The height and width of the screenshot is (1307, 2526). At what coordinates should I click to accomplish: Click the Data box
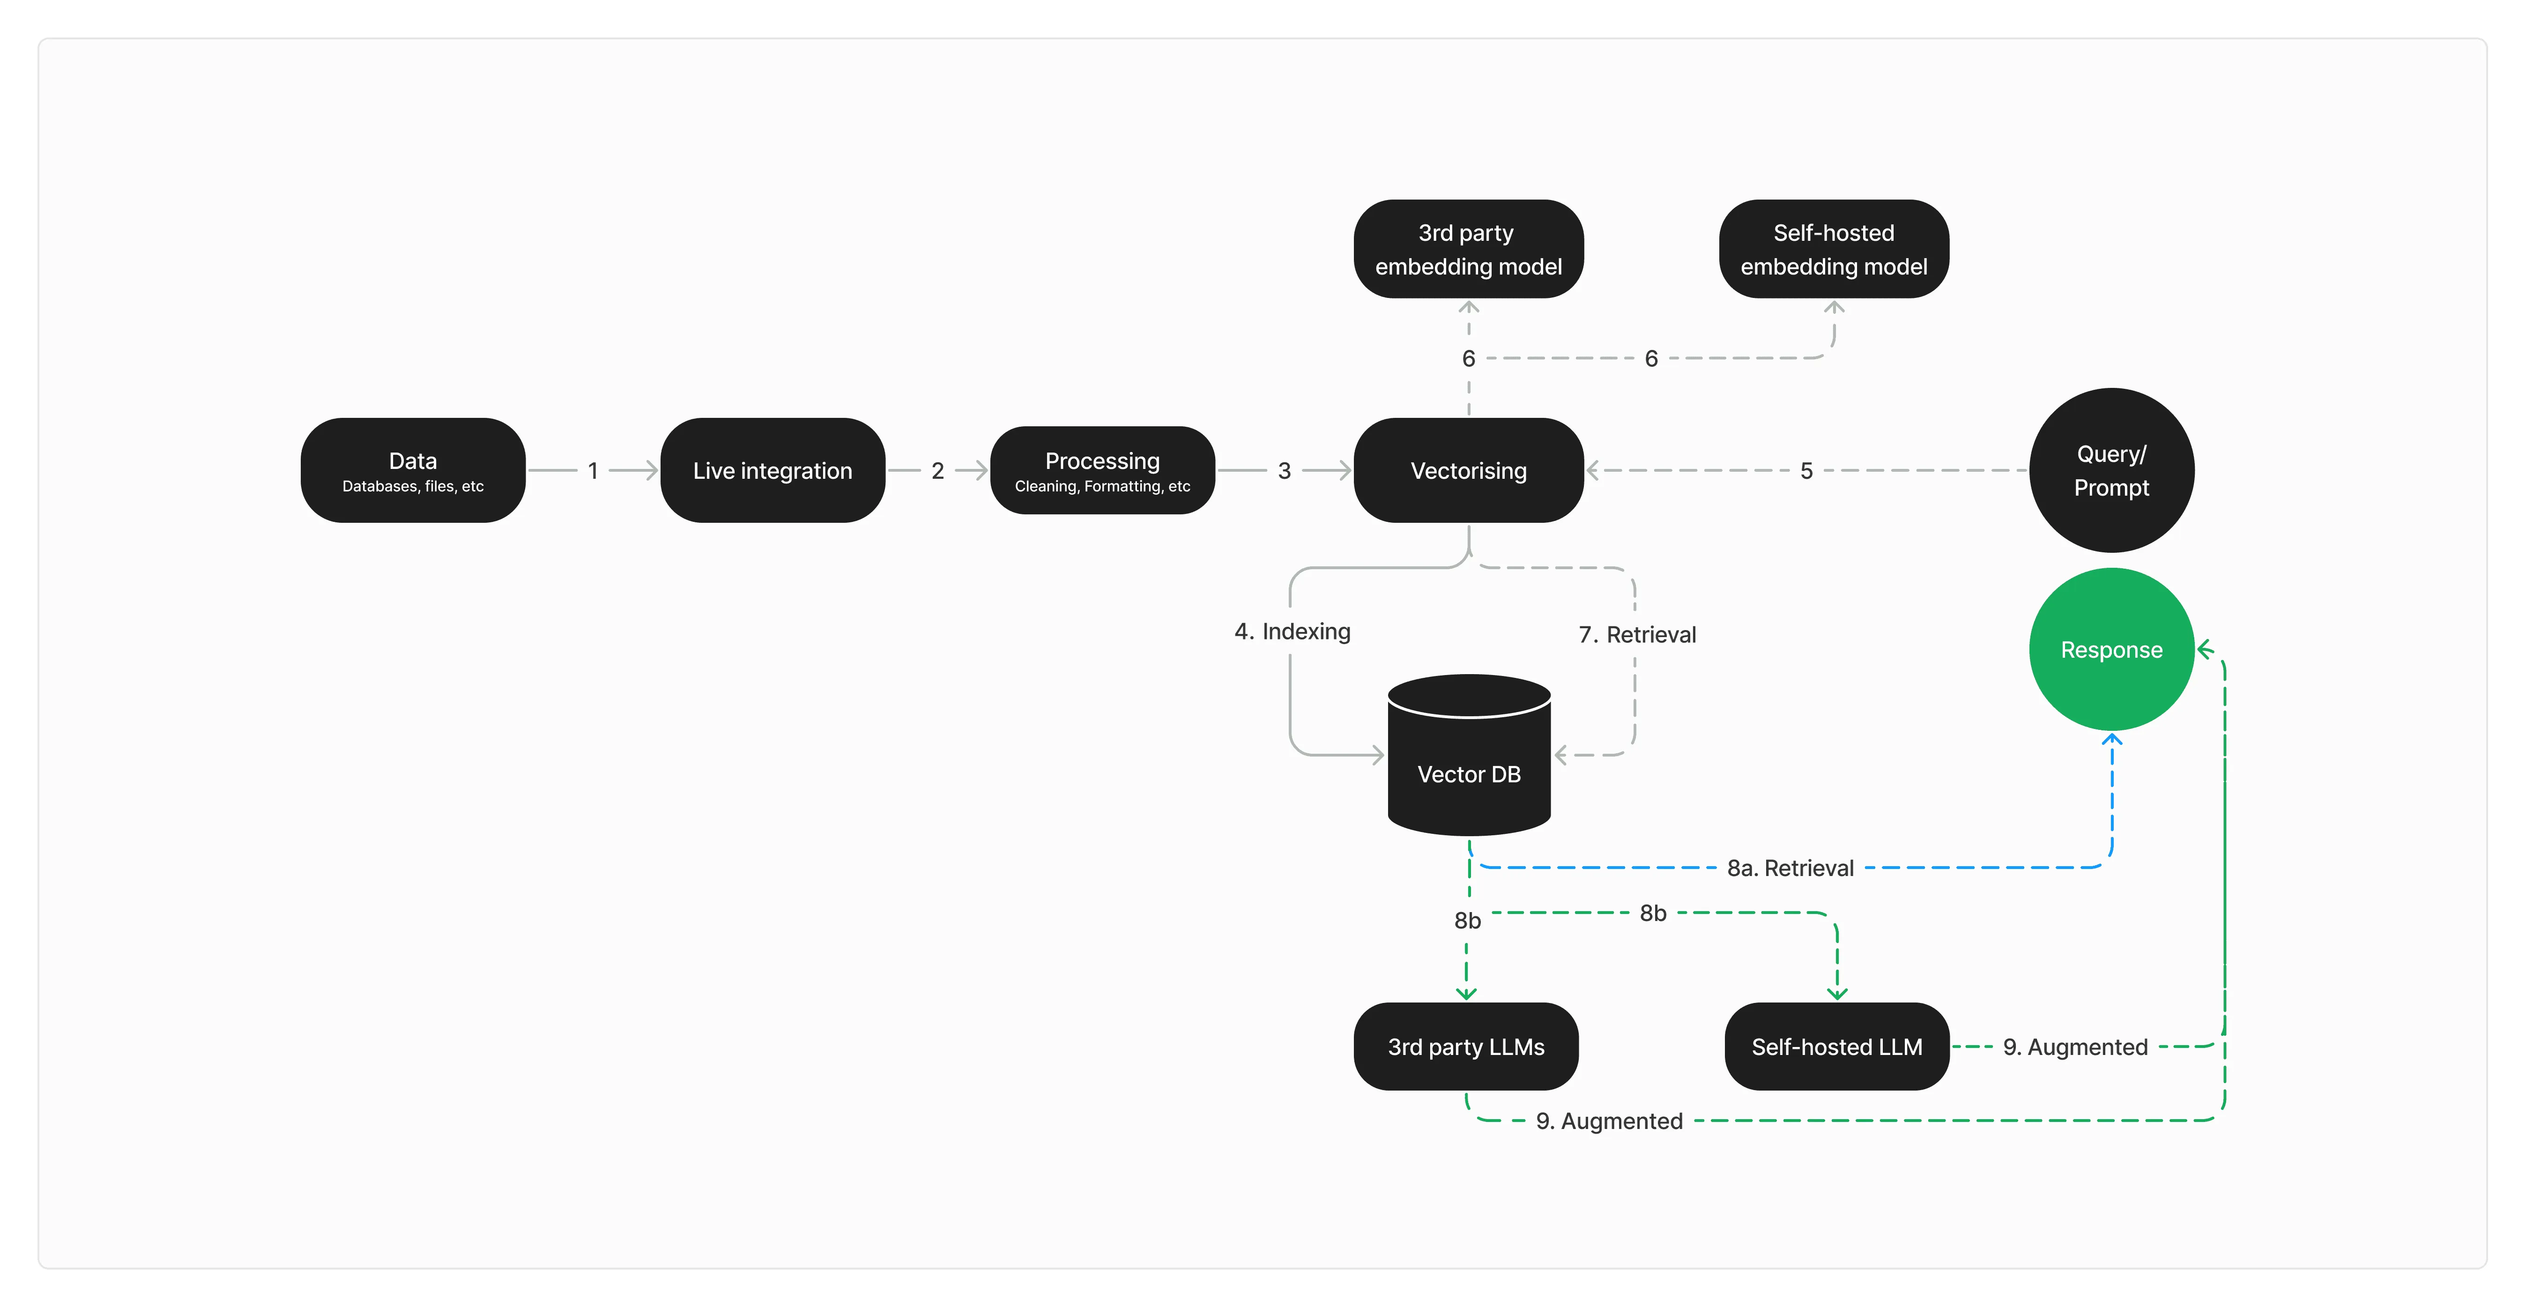[413, 471]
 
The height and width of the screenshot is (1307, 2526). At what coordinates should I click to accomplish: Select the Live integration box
[773, 471]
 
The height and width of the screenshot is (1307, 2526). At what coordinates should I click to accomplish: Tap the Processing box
[1102, 471]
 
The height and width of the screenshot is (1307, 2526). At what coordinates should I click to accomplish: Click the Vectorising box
[1468, 471]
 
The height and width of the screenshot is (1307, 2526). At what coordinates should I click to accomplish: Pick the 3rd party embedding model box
[1468, 249]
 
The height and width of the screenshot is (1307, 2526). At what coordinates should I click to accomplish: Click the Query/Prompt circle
[2111, 471]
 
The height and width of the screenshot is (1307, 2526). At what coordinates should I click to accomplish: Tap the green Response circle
[2111, 650]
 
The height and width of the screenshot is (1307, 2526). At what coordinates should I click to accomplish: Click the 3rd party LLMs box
[1466, 1046]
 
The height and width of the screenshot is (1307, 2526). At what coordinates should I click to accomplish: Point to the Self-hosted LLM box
[1837, 1046]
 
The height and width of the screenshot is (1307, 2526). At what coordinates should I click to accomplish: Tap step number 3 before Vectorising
[1284, 471]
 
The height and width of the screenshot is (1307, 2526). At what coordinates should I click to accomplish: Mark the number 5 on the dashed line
[1806, 471]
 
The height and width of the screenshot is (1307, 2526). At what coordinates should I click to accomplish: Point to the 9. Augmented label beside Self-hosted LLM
[2075, 1047]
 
